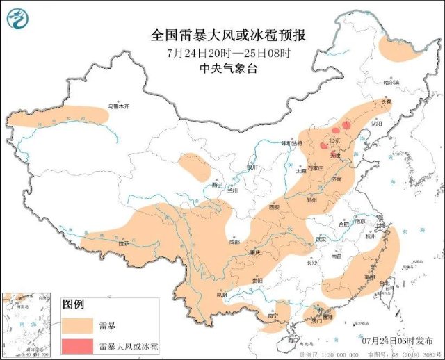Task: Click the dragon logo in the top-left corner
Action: [x=17, y=19]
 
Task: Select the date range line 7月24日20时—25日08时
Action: [x=228, y=53]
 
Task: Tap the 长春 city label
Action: [x=386, y=101]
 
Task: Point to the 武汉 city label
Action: [x=321, y=238]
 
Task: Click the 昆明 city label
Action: [x=221, y=295]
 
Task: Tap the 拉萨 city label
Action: [x=124, y=243]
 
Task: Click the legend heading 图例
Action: [x=73, y=304]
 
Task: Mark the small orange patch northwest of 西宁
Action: [x=194, y=166]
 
